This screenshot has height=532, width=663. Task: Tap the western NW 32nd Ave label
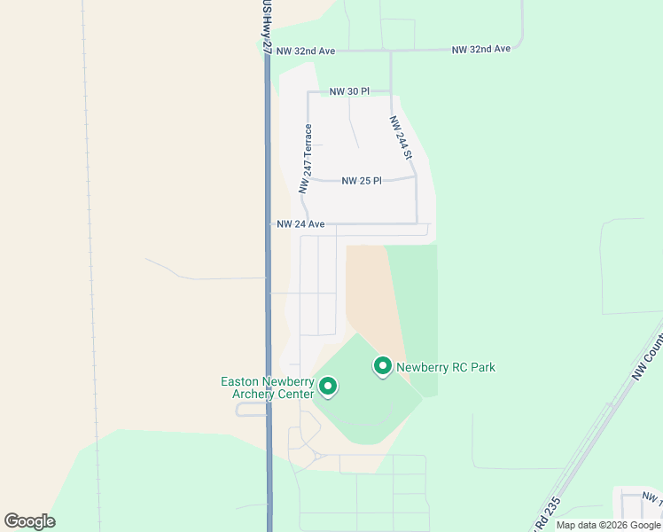click(x=305, y=51)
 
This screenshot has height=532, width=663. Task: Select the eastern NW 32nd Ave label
click(x=481, y=49)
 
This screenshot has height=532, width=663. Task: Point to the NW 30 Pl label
click(x=348, y=91)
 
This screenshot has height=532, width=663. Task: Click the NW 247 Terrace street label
click(x=306, y=159)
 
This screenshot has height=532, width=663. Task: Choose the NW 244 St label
click(x=402, y=137)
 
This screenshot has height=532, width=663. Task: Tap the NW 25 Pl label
click(x=361, y=181)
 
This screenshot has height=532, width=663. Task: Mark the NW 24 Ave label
click(x=301, y=224)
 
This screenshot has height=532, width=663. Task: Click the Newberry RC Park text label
click(x=445, y=367)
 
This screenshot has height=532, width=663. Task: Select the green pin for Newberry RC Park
click(x=383, y=365)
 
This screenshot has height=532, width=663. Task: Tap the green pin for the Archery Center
click(x=328, y=386)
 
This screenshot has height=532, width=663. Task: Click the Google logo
click(x=29, y=520)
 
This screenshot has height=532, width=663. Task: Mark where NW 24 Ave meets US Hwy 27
click(x=269, y=224)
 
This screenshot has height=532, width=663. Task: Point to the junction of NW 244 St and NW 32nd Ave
click(x=391, y=51)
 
